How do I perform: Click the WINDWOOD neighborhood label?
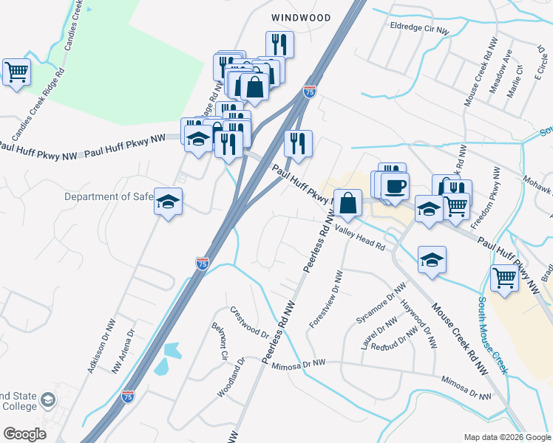[x=299, y=16]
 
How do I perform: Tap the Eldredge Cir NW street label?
[x=419, y=28]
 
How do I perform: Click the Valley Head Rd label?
[x=361, y=238]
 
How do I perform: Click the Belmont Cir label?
[x=220, y=340]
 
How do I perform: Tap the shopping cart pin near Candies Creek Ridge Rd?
[x=16, y=72]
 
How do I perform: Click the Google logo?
[x=25, y=434]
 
